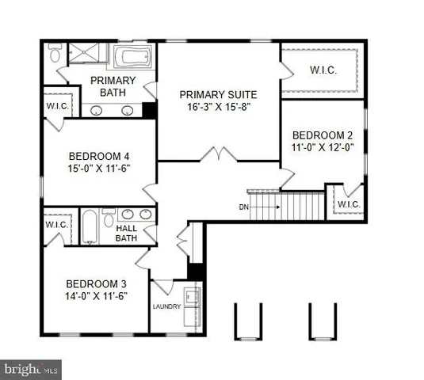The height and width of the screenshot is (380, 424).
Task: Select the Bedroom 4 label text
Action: pos(99,155)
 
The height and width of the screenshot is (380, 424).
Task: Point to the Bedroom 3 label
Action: pos(96,283)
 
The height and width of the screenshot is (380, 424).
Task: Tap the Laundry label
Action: pos(167,306)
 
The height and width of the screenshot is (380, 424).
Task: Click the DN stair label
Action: pos(245,207)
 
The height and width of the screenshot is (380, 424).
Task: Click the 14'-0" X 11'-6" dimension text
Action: pos(96,296)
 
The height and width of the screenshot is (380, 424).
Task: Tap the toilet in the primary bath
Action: pos(53,55)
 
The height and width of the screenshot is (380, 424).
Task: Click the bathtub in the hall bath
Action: pos(90,228)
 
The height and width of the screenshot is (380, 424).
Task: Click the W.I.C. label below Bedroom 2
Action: pos(348,204)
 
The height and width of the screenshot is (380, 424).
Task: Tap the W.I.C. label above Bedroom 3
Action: pos(55,225)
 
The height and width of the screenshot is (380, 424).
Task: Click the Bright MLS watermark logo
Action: pos(32,369)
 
